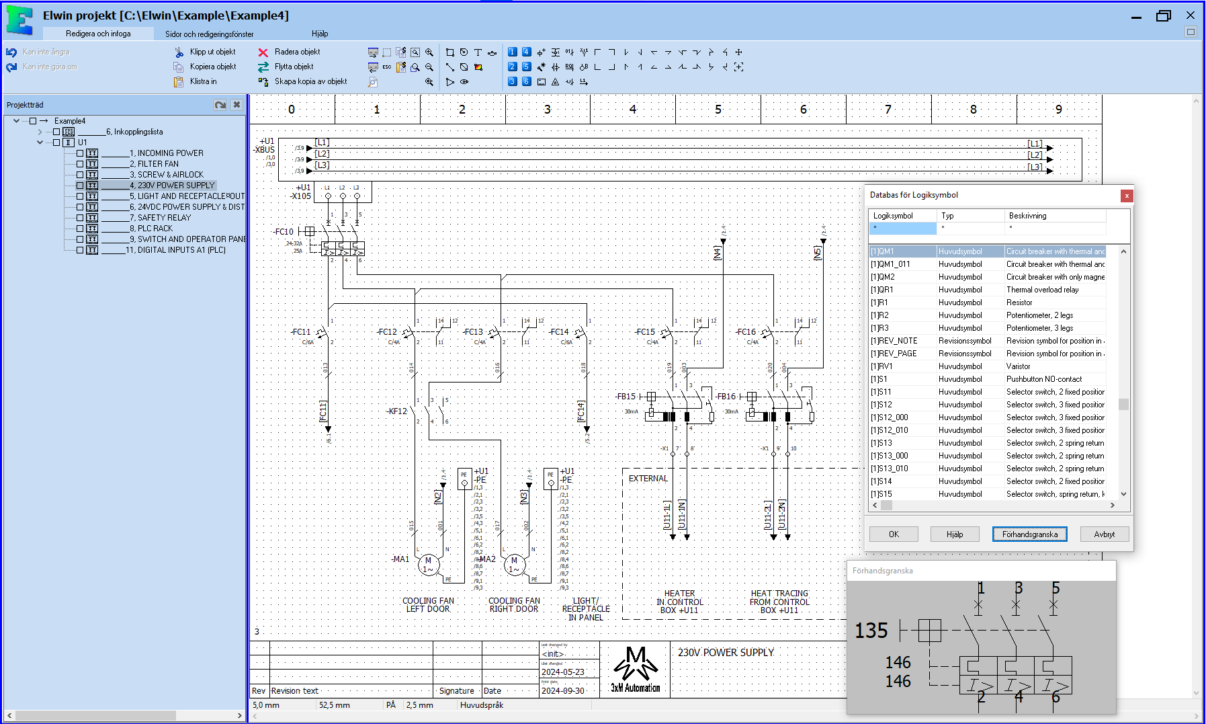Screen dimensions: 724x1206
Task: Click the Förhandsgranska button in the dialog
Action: point(1029,534)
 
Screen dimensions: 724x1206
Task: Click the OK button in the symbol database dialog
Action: point(893,534)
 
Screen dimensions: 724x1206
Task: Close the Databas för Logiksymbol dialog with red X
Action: point(1127,196)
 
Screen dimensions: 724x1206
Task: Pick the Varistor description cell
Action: point(1018,366)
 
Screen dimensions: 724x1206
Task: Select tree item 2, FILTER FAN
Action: point(154,164)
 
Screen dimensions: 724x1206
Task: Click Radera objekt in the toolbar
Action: point(296,52)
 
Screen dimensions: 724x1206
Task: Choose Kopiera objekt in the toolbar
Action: point(212,67)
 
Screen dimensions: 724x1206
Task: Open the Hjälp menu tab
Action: point(320,34)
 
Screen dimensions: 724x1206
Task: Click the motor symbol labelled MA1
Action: point(428,565)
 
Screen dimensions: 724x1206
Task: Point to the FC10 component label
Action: point(284,232)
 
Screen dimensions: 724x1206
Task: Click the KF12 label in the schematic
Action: point(397,411)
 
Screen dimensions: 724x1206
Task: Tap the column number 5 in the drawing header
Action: point(718,110)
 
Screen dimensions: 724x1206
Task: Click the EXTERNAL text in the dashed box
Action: point(648,479)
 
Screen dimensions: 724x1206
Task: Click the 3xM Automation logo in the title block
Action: point(635,670)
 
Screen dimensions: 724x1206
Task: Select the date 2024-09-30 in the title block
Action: point(563,690)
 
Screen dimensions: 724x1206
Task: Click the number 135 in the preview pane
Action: point(871,631)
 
